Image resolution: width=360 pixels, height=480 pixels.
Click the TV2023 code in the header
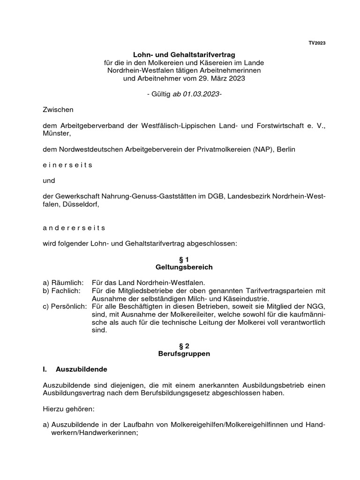pos(317,43)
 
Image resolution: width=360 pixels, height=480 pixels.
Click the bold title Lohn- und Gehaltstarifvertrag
pos(184,55)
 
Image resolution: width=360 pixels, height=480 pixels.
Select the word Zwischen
pos(58,110)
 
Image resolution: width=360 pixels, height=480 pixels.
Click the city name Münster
pos(56,134)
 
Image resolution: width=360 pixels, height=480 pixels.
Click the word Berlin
pos(287,149)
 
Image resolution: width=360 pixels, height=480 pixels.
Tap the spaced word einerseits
pos(67,165)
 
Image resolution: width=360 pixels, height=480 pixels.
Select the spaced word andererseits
pos(74,228)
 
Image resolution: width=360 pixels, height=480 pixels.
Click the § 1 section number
pos(184,259)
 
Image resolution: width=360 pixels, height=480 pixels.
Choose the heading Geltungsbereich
pos(184,267)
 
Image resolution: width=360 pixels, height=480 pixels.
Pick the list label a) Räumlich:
pos(63,283)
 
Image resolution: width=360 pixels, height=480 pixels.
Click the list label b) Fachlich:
pos(62,291)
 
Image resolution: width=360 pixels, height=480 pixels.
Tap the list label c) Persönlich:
pos(65,306)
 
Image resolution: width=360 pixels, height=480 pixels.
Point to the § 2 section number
pos(184,345)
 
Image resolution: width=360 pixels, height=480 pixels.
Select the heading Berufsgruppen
pos(184,353)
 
